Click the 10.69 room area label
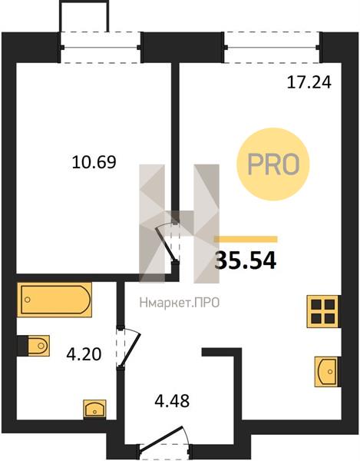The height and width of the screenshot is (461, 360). [94, 162]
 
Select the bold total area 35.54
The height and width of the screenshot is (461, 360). [246, 260]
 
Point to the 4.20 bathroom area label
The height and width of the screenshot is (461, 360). [84, 354]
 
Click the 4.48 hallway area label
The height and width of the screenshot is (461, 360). [172, 400]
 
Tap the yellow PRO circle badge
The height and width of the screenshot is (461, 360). [273, 164]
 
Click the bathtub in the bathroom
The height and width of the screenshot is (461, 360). [54, 300]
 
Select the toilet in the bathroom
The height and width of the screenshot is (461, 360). [33, 345]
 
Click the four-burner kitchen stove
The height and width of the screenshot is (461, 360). [323, 311]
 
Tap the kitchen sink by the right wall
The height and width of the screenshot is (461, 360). [327, 372]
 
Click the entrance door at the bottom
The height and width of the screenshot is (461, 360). [165, 440]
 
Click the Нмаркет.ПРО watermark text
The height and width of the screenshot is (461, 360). [180, 302]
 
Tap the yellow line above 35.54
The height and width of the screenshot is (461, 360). [246, 239]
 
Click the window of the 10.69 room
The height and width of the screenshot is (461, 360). [101, 47]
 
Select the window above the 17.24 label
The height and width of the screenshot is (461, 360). [272, 47]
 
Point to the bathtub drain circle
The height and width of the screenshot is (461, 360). [28, 300]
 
